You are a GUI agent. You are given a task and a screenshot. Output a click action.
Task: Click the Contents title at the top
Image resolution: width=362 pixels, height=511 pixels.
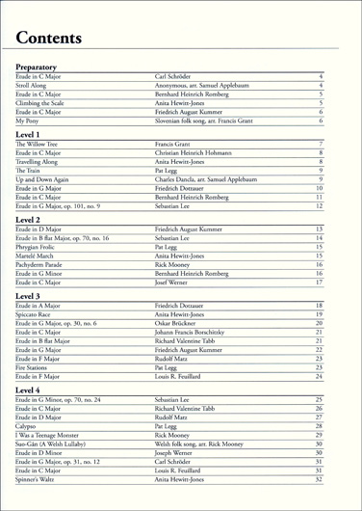pos(48,38)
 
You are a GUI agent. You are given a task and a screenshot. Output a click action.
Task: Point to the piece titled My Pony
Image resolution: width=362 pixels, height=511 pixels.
pos(28,121)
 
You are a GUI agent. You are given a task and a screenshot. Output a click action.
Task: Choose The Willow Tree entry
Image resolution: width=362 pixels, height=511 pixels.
pos(39,142)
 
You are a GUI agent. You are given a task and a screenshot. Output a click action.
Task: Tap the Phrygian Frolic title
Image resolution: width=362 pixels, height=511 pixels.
pos(39,246)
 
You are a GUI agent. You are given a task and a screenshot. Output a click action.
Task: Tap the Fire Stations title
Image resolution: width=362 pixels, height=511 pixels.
pos(36,366)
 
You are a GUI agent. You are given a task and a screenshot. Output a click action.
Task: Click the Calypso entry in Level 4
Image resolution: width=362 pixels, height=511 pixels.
pos(29,425)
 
